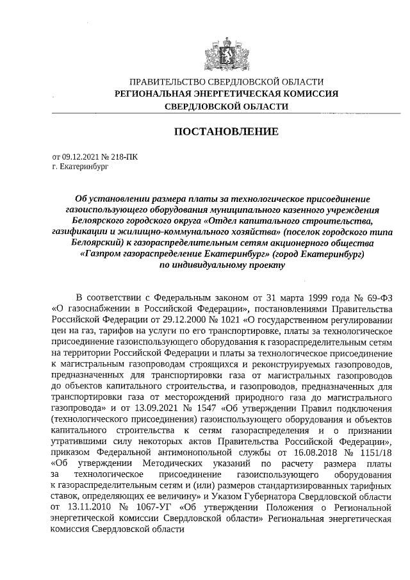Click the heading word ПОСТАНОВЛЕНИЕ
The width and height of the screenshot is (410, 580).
coord(226,131)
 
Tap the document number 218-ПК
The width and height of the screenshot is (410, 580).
coord(122,156)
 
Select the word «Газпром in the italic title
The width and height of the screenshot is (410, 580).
coord(102,254)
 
